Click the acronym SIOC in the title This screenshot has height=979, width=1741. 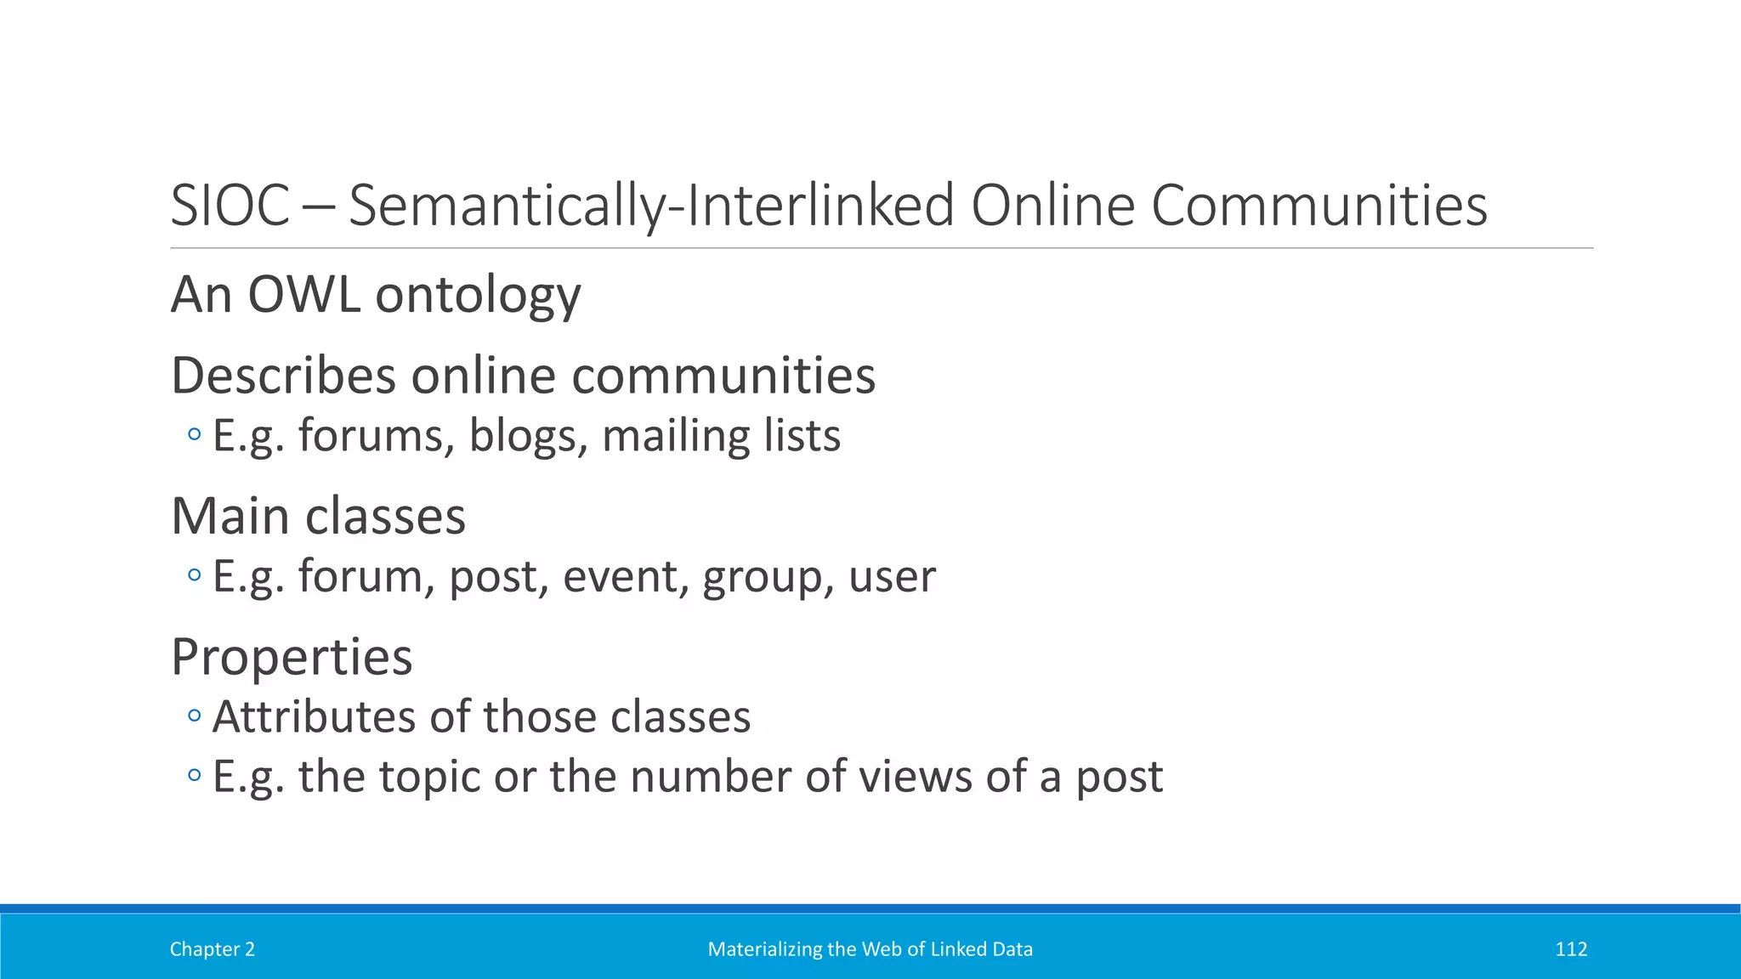(x=230, y=207)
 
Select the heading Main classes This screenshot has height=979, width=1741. (x=319, y=516)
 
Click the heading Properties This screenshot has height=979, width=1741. (x=292, y=657)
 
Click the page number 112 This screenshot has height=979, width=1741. (x=1571, y=949)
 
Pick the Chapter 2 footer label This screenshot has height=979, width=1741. (x=213, y=949)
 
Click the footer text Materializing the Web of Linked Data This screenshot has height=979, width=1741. (x=870, y=949)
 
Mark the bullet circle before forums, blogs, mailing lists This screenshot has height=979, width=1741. (x=195, y=435)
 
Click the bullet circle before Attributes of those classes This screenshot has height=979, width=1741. (x=195, y=716)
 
